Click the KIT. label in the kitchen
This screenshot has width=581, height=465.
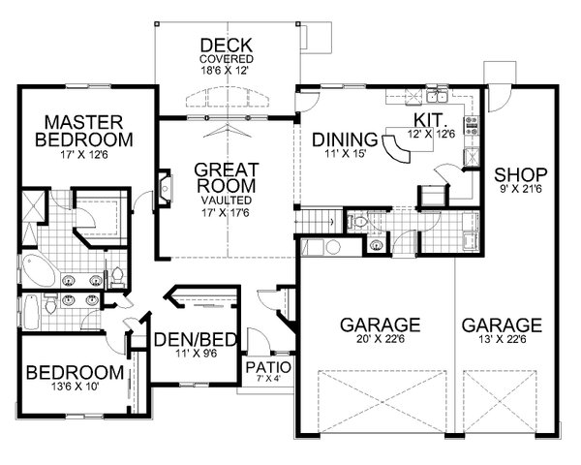pos(428,117)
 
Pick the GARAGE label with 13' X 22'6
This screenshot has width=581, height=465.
pos(501,324)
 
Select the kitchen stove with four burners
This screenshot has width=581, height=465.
pos(474,124)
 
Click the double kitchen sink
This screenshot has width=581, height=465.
pos(432,96)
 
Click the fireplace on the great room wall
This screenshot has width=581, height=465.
pos(165,188)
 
